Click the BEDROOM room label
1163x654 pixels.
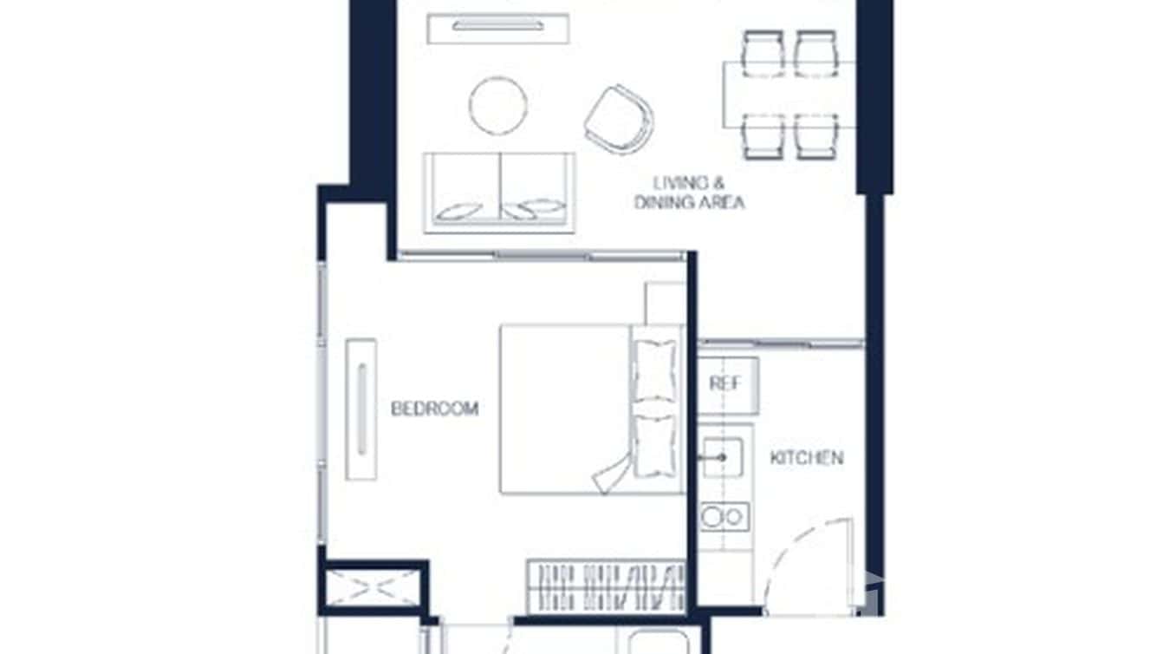(434, 409)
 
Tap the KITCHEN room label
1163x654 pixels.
(806, 458)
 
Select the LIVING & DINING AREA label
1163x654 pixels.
(690, 193)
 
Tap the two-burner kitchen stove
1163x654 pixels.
(724, 517)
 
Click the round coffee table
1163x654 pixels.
(497, 105)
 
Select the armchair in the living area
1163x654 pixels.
(619, 119)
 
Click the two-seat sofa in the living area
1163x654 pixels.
(498, 193)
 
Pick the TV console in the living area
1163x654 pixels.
(497, 27)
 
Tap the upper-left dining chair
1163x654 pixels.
(763, 53)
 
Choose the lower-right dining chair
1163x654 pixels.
(816, 136)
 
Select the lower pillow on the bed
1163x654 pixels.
(655, 444)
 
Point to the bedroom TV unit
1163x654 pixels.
(361, 409)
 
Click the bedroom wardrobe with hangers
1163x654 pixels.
(606, 586)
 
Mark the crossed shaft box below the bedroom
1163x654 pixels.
(374, 588)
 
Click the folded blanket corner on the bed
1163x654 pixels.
(613, 471)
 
